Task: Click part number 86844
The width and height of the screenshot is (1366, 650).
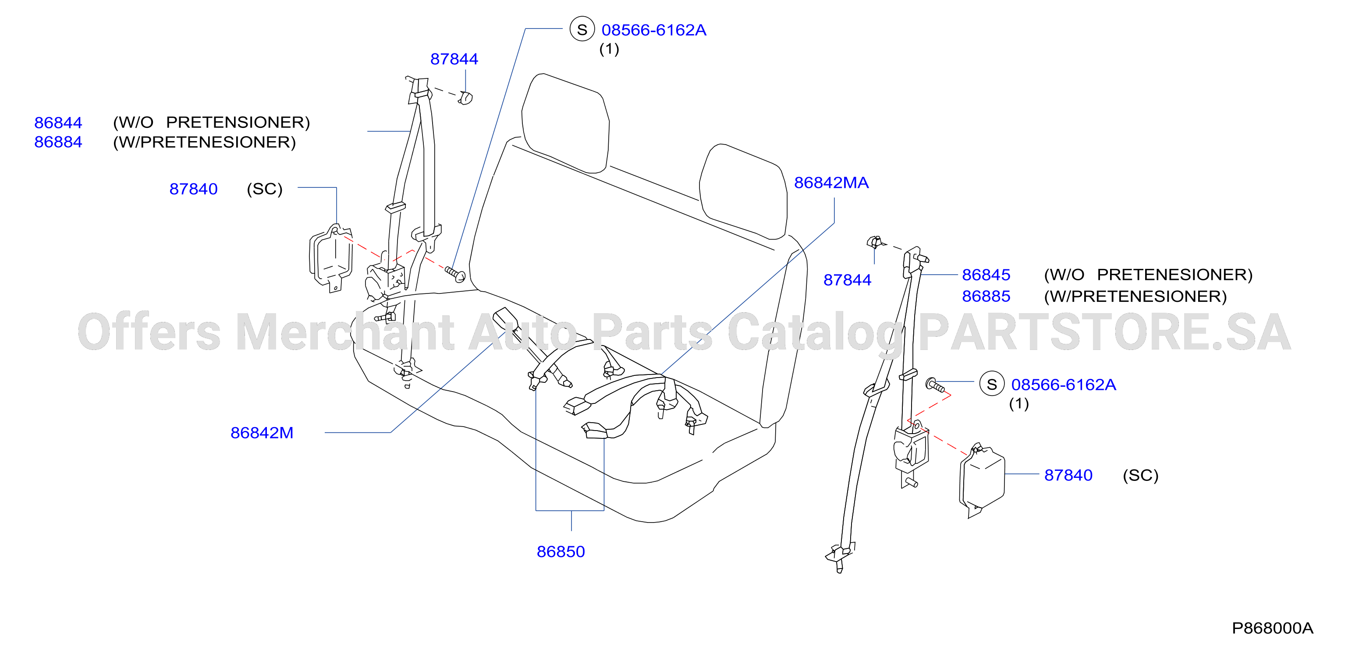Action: pos(58,123)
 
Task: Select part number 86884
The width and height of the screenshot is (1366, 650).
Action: pos(58,142)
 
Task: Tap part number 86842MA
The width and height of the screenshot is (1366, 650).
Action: pos(831,183)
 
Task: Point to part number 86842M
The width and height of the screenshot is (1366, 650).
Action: pos(262,433)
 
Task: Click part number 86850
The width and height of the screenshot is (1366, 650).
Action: pos(561,551)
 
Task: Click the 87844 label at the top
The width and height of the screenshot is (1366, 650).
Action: pos(454,59)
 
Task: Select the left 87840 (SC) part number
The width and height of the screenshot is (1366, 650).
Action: pos(194,189)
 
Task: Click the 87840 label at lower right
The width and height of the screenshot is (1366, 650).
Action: pos(1068,475)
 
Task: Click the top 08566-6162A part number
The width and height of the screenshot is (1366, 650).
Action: pos(654,30)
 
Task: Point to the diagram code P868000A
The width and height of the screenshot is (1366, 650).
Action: pos(1273,628)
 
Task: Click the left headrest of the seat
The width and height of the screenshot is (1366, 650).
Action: pos(565,124)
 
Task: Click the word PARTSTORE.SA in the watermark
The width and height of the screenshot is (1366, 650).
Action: pos(1104,332)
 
